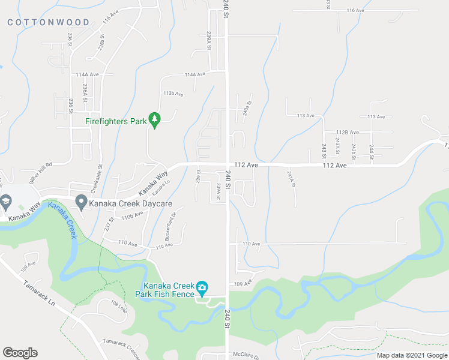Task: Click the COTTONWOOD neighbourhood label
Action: tap(49, 22)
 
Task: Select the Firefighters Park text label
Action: tap(116, 121)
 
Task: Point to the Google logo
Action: tap(20, 353)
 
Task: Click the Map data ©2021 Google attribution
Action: tap(412, 355)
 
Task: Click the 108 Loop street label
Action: tap(119, 307)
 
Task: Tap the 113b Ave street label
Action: tap(173, 94)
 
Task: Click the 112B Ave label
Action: tap(347, 132)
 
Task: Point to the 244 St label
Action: tap(371, 149)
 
